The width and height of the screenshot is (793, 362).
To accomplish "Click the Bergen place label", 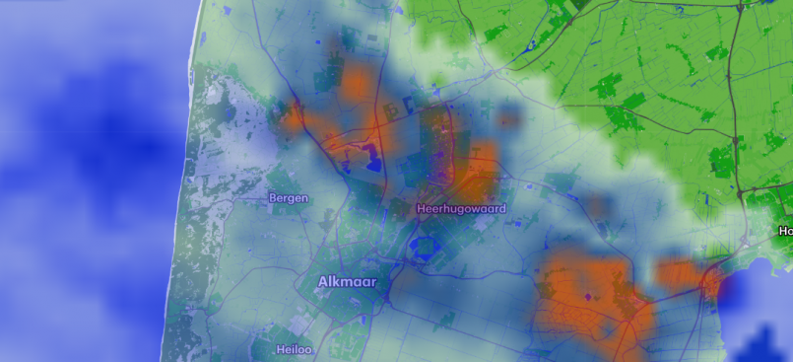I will pyautogui.click(x=288, y=198).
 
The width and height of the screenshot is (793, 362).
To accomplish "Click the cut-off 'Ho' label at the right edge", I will pyautogui.click(x=785, y=231).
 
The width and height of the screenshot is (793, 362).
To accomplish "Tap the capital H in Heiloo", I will pyautogui.click(x=253, y=349).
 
